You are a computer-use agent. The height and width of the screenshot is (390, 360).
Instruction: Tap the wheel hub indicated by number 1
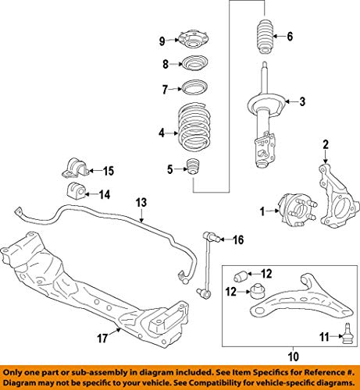coord(297,210)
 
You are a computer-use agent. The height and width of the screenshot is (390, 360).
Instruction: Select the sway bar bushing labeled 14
coord(74,192)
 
